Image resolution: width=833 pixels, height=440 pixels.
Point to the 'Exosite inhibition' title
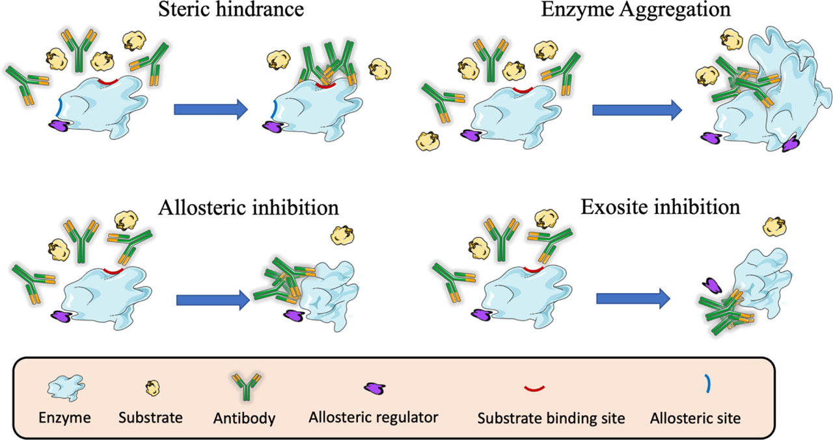click(x=660, y=207)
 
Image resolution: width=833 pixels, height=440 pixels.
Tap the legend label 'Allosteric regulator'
click(x=373, y=419)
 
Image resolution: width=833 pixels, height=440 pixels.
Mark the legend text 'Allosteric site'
click(x=695, y=419)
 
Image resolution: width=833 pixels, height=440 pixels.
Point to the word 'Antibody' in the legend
click(x=244, y=419)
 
